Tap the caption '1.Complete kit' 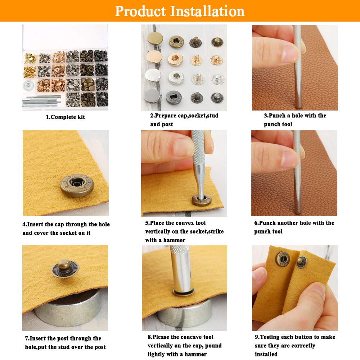click(x=65, y=117)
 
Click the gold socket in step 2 click(x=176, y=58)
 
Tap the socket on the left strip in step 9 click(x=283, y=258)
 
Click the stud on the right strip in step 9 click(x=301, y=262)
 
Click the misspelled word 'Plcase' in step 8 click(x=163, y=337)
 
